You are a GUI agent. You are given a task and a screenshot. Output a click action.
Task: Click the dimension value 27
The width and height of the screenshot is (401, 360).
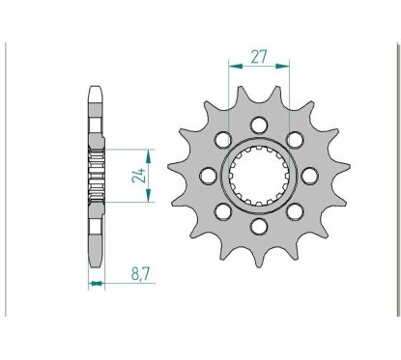[259, 56]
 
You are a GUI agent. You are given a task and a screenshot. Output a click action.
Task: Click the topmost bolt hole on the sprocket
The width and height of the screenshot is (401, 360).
[259, 124]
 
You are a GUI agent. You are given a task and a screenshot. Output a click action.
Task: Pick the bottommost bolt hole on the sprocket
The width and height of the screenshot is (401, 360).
[259, 227]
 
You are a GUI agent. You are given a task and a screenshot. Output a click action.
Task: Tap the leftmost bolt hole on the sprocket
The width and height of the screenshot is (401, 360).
[208, 176]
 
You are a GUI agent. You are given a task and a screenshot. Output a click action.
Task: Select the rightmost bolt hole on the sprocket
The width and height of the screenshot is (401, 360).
[310, 176]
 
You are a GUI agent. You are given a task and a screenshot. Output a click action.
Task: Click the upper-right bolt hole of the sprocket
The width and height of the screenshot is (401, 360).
[296, 139]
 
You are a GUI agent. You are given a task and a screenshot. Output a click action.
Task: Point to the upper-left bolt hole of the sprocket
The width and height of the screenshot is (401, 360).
[222, 139]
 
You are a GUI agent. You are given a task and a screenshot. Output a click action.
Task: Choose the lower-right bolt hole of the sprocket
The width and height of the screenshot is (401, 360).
[296, 211]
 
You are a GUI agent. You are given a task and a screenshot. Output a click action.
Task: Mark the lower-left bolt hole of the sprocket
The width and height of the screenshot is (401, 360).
[222, 211]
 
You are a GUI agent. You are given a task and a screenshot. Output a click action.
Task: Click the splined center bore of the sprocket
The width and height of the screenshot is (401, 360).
[259, 176]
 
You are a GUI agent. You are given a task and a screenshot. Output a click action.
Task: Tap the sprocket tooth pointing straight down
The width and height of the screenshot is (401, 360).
[259, 260]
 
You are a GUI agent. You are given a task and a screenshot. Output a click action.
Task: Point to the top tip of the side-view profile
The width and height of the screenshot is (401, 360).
[95, 89]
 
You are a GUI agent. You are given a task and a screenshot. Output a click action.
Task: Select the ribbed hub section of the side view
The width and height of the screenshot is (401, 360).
[95, 176]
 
